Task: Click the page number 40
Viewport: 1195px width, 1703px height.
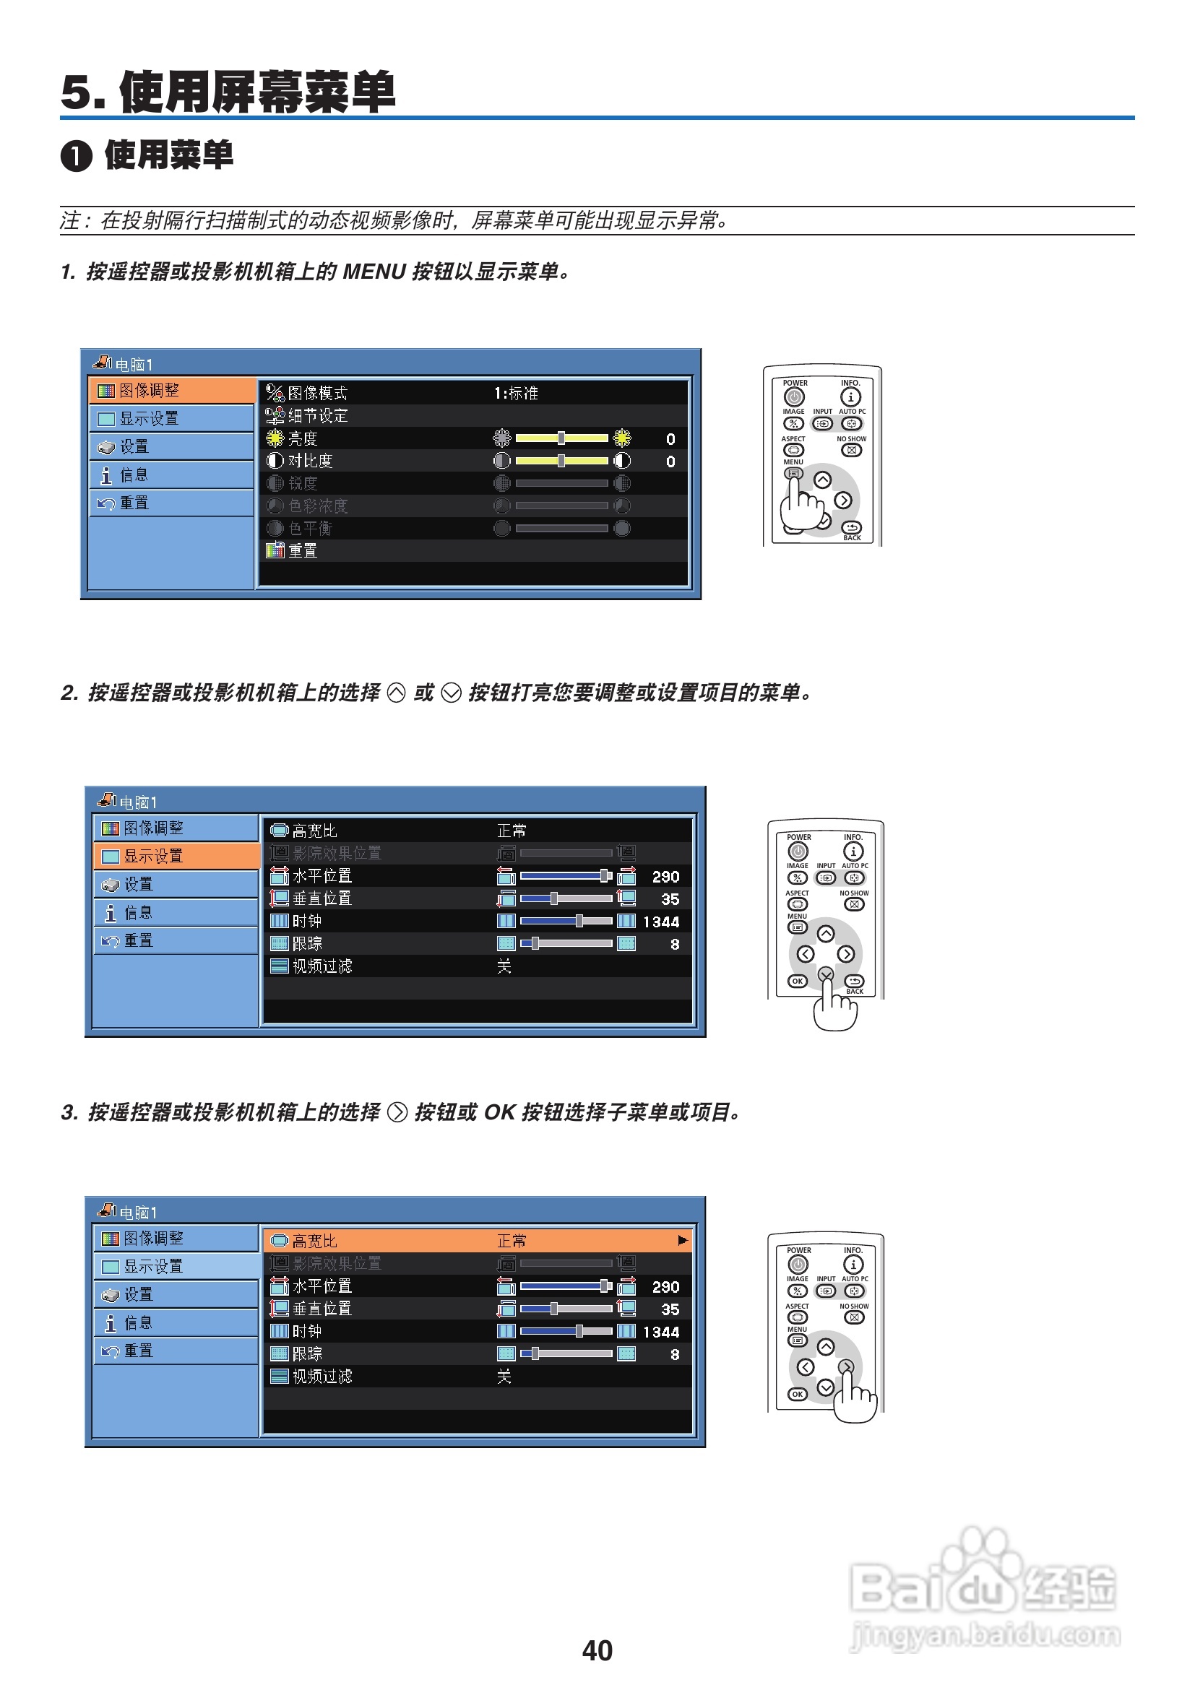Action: pyautogui.click(x=597, y=1650)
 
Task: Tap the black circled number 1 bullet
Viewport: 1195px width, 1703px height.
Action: pyautogui.click(x=76, y=157)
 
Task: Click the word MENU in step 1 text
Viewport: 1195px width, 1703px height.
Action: pyautogui.click(x=374, y=272)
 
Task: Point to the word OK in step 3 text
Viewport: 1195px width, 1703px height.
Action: pyautogui.click(x=499, y=1111)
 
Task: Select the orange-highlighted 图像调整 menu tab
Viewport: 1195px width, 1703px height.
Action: pyautogui.click(x=171, y=390)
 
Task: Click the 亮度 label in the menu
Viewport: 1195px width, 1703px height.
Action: pyautogui.click(x=303, y=438)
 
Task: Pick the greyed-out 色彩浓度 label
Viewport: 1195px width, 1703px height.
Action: pyautogui.click(x=318, y=506)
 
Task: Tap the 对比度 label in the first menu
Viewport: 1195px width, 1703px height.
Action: pyautogui.click(x=310, y=461)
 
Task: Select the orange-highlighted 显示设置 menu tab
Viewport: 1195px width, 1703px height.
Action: pyautogui.click(x=176, y=855)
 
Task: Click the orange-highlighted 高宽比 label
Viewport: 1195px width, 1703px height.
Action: pyautogui.click(x=314, y=1240)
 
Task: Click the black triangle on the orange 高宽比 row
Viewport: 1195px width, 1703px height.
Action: pyautogui.click(x=683, y=1240)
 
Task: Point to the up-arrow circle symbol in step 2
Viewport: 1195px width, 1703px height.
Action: pyautogui.click(x=397, y=693)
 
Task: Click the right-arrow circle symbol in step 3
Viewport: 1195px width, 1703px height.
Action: pyautogui.click(x=397, y=1113)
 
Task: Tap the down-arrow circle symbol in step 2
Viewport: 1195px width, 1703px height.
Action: pyautogui.click(x=451, y=693)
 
